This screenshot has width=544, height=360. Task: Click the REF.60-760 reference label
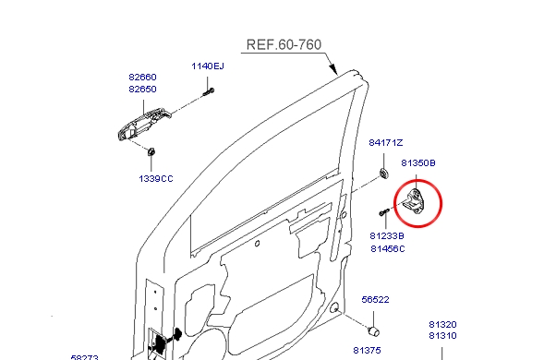click(284, 44)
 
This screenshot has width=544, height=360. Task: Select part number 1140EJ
click(208, 66)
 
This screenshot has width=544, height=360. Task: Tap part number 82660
click(142, 77)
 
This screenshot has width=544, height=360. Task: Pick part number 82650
click(142, 90)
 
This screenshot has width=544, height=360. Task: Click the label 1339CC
click(156, 178)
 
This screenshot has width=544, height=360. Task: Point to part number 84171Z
click(386, 142)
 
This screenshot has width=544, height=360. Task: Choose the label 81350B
click(418, 163)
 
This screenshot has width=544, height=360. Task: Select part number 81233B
click(387, 235)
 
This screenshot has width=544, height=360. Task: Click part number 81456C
click(388, 249)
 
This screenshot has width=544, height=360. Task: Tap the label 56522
click(375, 300)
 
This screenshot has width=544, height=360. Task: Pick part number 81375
click(367, 350)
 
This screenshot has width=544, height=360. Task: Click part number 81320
click(442, 325)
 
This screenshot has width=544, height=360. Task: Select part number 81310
click(442, 336)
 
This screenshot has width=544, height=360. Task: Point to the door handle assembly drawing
click(143, 125)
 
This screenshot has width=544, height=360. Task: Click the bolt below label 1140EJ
click(209, 92)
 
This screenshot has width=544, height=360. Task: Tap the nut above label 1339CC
click(151, 152)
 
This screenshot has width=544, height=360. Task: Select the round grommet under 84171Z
click(383, 173)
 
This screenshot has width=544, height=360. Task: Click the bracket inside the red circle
click(416, 201)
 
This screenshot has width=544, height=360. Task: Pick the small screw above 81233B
click(384, 212)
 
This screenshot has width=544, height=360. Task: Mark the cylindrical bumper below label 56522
click(374, 331)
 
